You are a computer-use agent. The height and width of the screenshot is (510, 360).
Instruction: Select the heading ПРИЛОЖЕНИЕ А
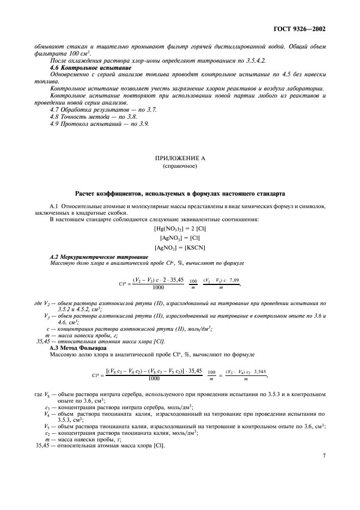179,158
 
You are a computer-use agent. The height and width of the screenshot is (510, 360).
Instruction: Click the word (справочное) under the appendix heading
179,166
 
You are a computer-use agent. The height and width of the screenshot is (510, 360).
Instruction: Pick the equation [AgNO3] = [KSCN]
179,248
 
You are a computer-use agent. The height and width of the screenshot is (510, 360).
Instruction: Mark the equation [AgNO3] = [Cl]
179,238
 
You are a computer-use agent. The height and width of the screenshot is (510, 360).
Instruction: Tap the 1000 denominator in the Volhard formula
154,378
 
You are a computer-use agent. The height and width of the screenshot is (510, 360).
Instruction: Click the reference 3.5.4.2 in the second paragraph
217,60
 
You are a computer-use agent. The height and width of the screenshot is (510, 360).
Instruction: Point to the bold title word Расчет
88,195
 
